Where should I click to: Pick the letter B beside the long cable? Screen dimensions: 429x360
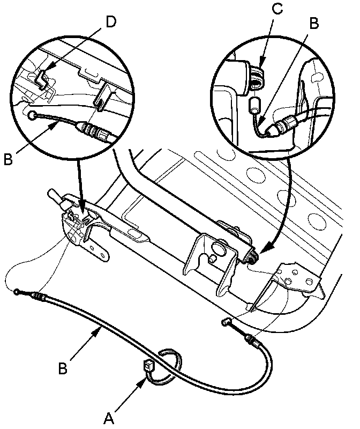pos(62,369)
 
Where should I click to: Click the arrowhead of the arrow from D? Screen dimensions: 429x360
pos(46,69)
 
